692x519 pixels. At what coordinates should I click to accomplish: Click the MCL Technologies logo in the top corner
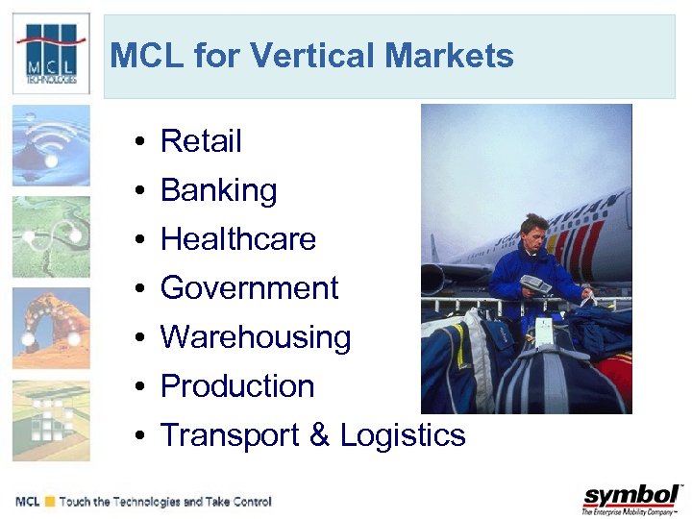(51, 55)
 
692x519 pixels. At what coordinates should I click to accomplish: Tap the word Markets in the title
(449, 56)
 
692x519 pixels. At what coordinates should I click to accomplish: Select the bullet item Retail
(201, 141)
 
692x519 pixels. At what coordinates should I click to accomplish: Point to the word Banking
(218, 190)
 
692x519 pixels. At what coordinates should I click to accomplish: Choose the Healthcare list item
(237, 239)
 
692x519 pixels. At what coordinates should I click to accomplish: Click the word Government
(249, 288)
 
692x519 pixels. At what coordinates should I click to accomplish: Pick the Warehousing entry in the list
(256, 337)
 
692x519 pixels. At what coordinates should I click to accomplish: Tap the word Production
(237, 386)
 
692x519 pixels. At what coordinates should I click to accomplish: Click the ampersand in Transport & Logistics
(319, 435)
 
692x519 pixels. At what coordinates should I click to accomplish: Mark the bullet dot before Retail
(140, 143)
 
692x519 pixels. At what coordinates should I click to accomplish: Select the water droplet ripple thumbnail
(51, 145)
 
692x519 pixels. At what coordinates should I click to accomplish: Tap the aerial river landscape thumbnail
(51, 236)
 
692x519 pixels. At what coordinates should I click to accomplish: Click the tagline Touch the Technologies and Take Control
(164, 502)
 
